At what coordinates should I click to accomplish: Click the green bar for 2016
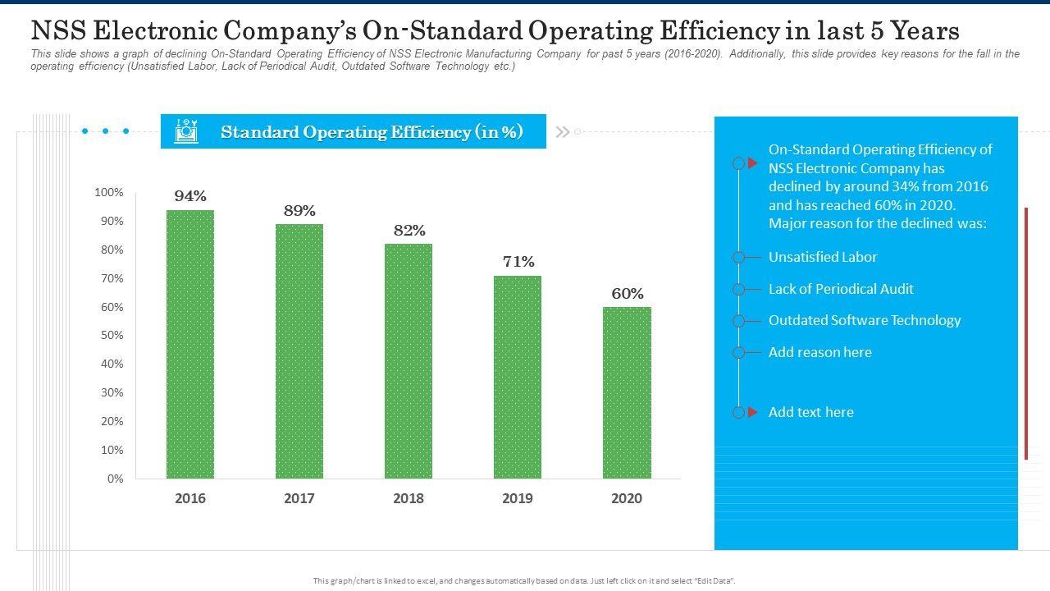tap(190, 345)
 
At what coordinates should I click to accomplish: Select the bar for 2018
tap(409, 361)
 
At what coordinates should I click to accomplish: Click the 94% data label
tap(190, 196)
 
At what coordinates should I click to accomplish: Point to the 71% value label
tap(518, 262)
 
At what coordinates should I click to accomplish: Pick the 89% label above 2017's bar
tap(299, 211)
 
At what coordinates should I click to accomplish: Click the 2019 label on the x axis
tap(518, 498)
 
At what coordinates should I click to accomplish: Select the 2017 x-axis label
tap(299, 498)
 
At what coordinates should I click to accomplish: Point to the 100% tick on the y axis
tap(109, 193)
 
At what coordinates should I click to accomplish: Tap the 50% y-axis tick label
tap(112, 336)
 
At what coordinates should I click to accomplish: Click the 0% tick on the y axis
tap(115, 479)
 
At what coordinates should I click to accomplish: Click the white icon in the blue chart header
tap(186, 131)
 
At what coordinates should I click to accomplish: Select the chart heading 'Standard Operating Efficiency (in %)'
tap(372, 132)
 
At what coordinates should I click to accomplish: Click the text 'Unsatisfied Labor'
tap(823, 257)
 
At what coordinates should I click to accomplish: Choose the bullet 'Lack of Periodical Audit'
tap(841, 289)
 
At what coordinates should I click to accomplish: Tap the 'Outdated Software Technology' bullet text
tap(865, 320)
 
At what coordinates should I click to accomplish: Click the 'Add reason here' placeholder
tap(820, 352)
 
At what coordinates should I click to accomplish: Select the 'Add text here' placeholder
tap(811, 412)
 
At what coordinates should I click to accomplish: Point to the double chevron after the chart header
tap(563, 131)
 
